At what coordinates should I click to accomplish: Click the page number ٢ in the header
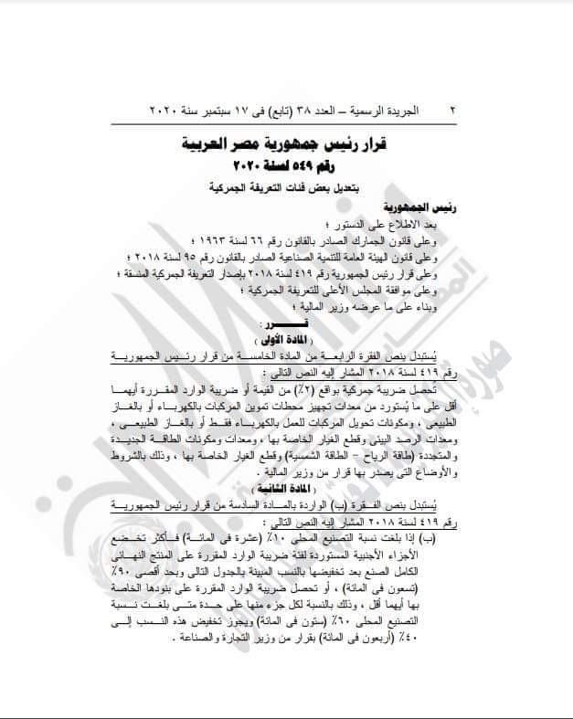453,109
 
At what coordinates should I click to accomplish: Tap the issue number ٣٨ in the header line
313,109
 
